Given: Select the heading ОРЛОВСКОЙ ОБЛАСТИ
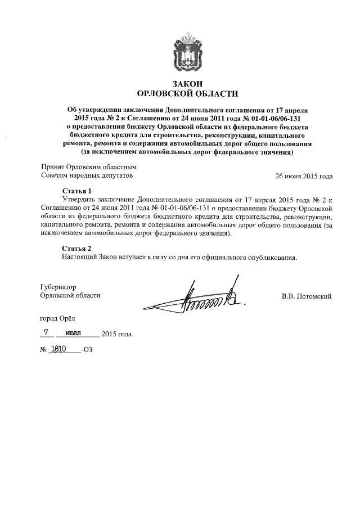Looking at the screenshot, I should (x=188, y=93).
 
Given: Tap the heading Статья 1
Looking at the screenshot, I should (x=76, y=191).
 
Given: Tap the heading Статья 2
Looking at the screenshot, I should (x=76, y=248).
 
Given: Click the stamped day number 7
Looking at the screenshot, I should (x=53, y=332).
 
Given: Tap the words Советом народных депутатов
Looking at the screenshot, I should (x=88, y=176).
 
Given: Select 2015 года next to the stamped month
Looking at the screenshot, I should (x=117, y=334).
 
